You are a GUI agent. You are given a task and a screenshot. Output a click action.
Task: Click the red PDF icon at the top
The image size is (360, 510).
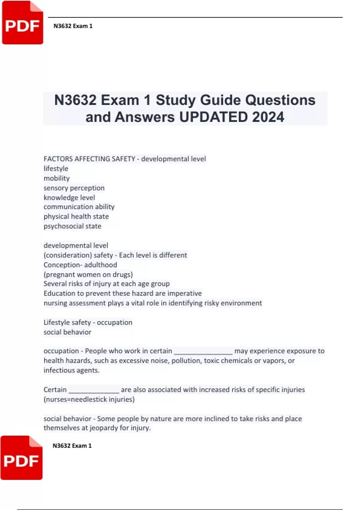(22, 23)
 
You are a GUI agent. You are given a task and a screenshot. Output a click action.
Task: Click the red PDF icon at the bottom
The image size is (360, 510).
(21, 458)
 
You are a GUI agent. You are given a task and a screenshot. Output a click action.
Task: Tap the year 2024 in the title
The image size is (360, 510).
(268, 117)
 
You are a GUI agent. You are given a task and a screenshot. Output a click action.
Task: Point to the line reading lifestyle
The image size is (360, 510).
(56, 169)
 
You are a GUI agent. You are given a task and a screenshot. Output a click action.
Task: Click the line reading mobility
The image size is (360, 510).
(57, 178)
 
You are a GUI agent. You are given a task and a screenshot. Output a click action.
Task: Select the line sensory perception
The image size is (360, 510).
(74, 188)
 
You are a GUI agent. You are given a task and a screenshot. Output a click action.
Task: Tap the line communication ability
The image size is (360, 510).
(79, 207)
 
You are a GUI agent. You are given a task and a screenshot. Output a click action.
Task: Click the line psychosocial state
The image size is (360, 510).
(72, 226)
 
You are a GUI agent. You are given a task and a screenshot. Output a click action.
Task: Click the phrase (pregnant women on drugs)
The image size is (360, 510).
(88, 274)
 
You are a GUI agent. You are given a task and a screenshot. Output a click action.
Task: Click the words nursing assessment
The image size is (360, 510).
(75, 303)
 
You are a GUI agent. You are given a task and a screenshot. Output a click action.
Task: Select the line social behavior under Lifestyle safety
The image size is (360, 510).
(67, 332)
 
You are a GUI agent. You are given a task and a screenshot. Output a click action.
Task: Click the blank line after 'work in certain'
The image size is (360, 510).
(203, 352)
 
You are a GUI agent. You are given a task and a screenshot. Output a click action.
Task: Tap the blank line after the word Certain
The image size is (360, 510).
(94, 390)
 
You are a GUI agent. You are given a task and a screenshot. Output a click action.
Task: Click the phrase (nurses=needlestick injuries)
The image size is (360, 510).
(89, 399)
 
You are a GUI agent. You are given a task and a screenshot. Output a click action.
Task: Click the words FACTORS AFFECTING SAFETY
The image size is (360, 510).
(89, 159)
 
